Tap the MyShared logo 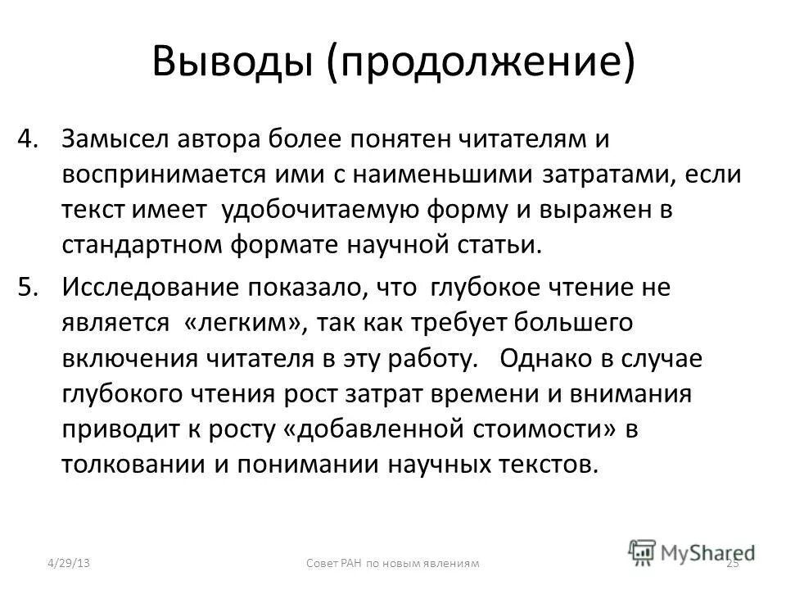[692, 551]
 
